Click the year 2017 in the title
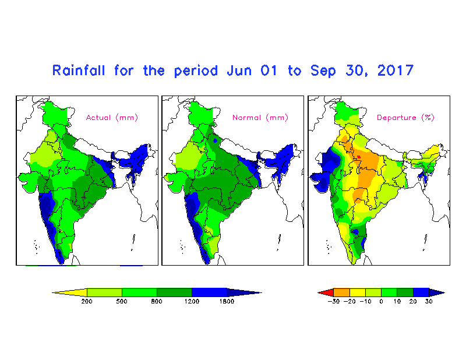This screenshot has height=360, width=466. (396, 71)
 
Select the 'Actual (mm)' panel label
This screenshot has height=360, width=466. (112, 118)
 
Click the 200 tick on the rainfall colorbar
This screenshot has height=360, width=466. (87, 301)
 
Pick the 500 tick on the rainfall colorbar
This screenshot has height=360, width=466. (122, 301)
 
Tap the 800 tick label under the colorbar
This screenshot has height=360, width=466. (157, 301)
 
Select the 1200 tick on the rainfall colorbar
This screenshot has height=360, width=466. (192, 301)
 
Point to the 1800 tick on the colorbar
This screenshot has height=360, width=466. (227, 301)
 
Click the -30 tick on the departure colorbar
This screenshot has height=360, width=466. (334, 301)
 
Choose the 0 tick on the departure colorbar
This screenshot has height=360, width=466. (382, 301)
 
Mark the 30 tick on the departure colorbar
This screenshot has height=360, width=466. (429, 301)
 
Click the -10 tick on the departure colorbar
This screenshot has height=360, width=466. (366, 301)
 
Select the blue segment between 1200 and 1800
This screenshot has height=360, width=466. (210, 292)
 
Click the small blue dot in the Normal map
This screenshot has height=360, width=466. (216, 140)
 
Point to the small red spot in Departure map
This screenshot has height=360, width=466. (359, 157)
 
